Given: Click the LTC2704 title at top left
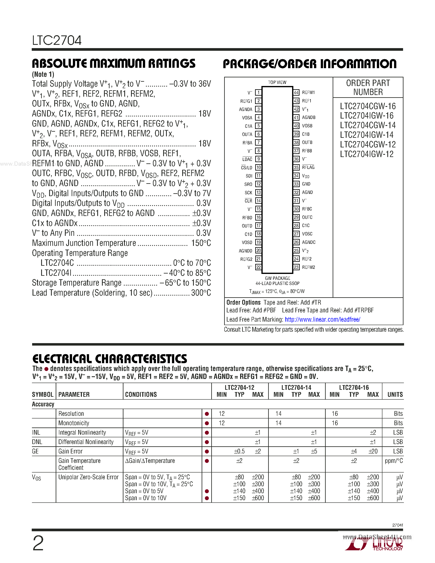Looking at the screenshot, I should click(57, 41).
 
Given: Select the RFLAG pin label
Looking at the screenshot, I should click(308, 167).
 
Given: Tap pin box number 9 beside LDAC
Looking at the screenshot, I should click(258, 159).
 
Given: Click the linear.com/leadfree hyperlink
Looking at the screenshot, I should click(322, 320).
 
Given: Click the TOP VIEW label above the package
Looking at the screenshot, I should click(277, 83).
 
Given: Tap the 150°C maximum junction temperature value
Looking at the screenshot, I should click(201, 243).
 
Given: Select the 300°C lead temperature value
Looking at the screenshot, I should click(201, 293).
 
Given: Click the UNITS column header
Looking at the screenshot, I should click(395, 395).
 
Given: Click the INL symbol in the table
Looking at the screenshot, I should click(36, 433).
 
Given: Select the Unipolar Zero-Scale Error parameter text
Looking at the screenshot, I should click(88, 477).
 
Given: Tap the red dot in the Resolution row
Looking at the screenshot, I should click(207, 414).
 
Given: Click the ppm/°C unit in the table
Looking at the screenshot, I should click(393, 461).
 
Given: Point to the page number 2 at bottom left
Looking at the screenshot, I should click(38, 543).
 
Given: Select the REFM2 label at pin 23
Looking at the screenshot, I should click(308, 267).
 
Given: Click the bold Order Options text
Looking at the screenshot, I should click(243, 302).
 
